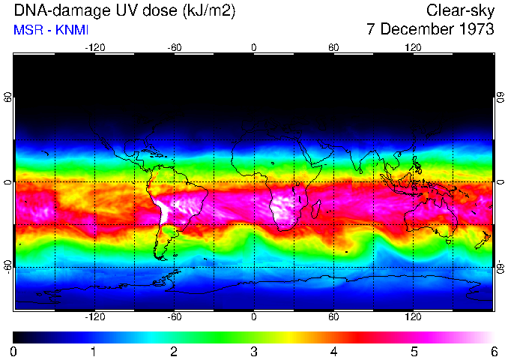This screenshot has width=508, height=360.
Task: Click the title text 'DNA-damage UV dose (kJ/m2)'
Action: tap(120, 10)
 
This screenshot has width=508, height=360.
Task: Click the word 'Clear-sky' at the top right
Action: tap(460, 10)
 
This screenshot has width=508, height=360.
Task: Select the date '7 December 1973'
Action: tap(430, 30)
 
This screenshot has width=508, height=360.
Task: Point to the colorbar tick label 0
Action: tap(13, 352)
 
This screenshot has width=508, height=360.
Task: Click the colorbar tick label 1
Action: tap(94, 352)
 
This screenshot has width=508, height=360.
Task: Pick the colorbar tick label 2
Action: tap(173, 352)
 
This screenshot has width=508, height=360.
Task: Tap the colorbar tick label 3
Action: tap(253, 352)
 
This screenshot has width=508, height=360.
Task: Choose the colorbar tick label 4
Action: tap(333, 352)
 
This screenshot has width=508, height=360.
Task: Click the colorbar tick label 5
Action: tap(414, 352)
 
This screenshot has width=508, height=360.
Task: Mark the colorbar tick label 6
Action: tap(493, 352)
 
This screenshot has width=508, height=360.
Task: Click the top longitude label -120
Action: tap(94, 48)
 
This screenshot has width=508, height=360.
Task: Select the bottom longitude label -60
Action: tap(174, 317)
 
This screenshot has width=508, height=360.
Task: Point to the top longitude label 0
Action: tap(254, 48)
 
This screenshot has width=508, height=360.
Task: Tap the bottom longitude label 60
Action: tap(333, 317)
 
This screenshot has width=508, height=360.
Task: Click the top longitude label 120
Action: tap(414, 48)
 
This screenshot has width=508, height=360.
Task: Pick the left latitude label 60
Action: tap(7, 97)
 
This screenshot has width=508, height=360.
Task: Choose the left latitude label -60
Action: tap(7, 267)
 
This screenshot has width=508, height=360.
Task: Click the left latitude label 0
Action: tap(7, 182)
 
